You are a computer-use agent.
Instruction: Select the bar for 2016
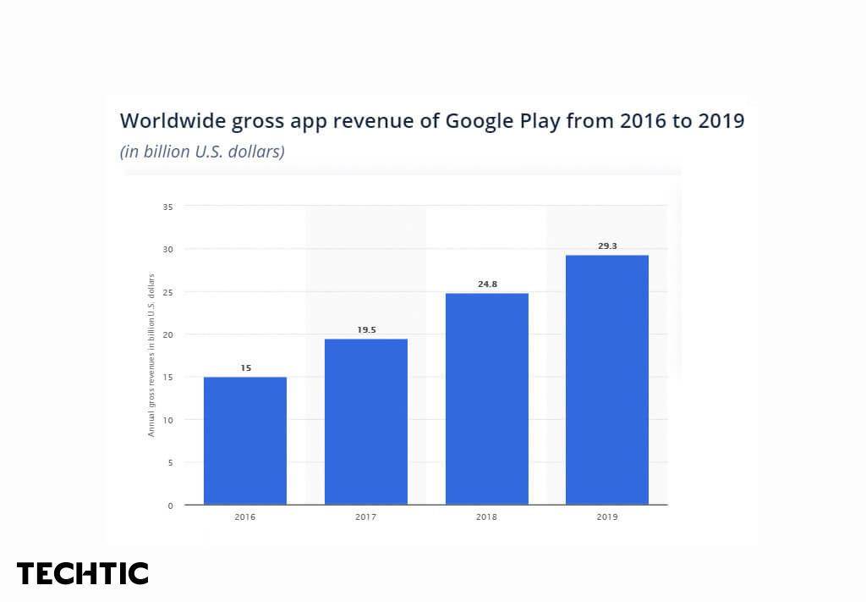click(x=245, y=440)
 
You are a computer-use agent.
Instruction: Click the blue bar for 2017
click(x=366, y=422)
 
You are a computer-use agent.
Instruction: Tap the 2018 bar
click(x=487, y=399)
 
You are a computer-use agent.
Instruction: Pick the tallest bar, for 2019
click(x=607, y=379)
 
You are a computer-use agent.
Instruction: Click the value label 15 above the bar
click(x=245, y=368)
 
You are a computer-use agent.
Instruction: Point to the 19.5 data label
click(x=366, y=329)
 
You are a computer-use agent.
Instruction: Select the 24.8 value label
click(x=487, y=284)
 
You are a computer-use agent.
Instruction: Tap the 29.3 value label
click(x=607, y=246)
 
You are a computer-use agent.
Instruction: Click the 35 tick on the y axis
click(x=167, y=207)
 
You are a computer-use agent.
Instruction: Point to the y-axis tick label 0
click(x=170, y=505)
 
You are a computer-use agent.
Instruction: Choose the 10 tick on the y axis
click(x=167, y=420)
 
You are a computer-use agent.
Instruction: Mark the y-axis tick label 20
click(x=167, y=334)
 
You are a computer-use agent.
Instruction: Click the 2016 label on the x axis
click(x=245, y=516)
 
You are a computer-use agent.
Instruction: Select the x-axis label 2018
click(x=487, y=516)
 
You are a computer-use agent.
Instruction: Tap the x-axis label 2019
click(x=607, y=516)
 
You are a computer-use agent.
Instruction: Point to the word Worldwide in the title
click(x=164, y=120)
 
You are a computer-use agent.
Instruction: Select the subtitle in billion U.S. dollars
click(x=202, y=152)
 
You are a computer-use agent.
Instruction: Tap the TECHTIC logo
click(x=83, y=573)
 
